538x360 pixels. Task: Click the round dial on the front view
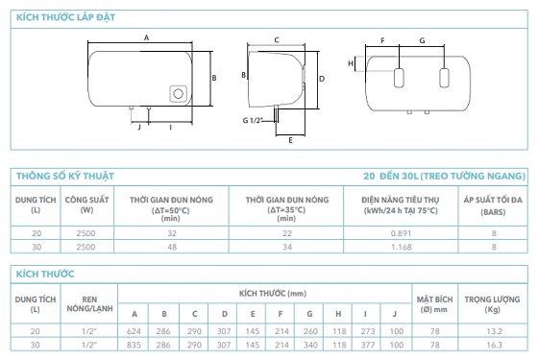[178, 94]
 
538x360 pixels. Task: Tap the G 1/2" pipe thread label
[253, 120]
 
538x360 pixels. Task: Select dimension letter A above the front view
[146, 37]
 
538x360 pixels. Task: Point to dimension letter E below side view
[290, 140]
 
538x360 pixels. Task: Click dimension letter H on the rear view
[351, 63]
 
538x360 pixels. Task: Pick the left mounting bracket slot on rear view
[399, 78]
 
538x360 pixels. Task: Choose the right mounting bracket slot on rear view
[444, 78]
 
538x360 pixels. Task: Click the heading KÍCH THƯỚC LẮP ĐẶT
[66, 17]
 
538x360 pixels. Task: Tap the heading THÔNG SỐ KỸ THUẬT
[65, 177]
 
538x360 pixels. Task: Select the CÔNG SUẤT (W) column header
[86, 204]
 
